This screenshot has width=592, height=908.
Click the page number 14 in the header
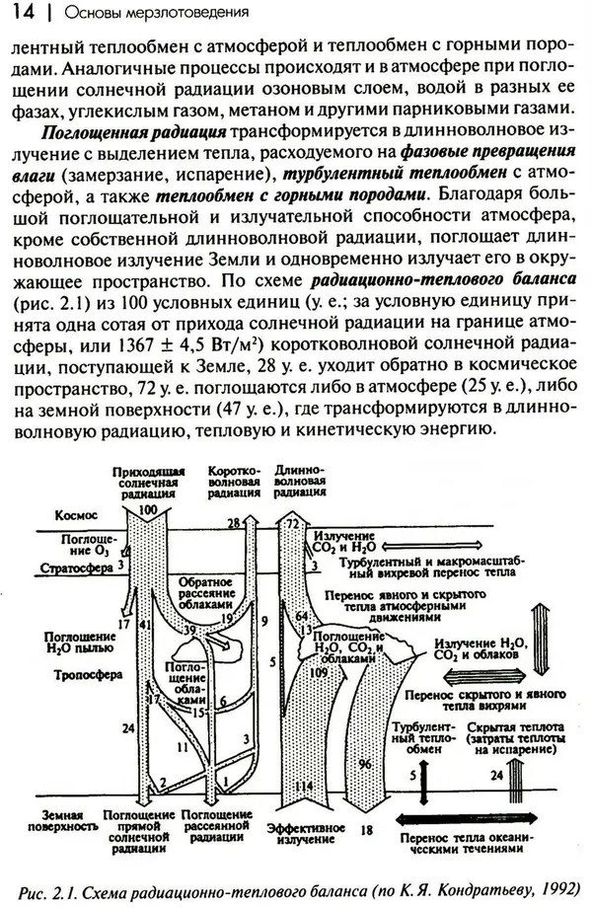point(23,13)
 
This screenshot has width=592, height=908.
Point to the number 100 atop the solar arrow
point(149,507)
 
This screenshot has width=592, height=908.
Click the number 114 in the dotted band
point(303,786)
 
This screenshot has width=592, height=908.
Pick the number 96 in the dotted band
point(363,763)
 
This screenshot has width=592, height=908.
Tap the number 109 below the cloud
point(319,671)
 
